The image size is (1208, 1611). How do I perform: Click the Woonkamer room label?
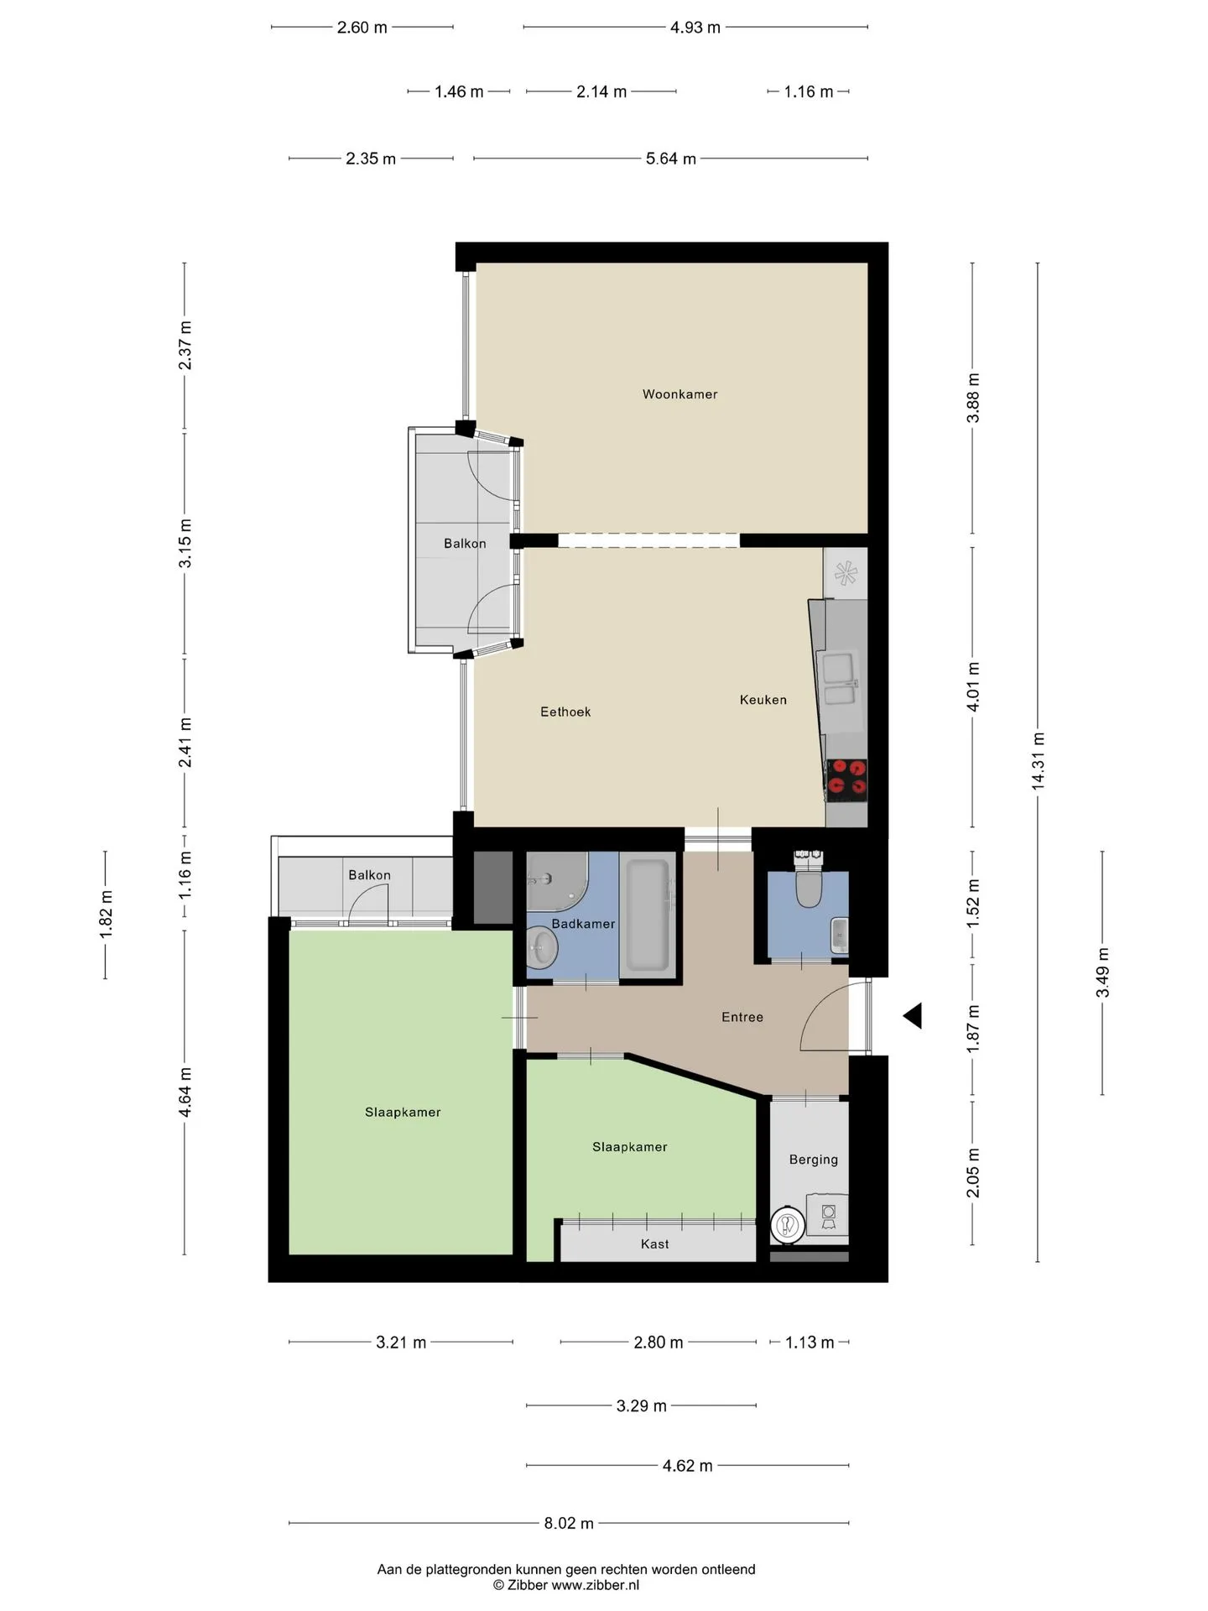point(679,394)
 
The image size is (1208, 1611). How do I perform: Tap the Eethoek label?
point(565,712)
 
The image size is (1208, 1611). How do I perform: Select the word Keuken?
point(763,700)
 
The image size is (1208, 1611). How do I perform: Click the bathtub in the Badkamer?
point(648,915)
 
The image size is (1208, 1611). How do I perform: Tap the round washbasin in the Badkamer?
point(541,948)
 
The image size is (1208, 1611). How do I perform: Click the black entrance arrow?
point(913,1016)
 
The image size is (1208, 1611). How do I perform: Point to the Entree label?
point(742,1017)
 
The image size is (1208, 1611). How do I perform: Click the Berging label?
point(814,1160)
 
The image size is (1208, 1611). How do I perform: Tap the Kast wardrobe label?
point(655,1244)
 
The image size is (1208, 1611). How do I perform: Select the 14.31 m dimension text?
point(1038,761)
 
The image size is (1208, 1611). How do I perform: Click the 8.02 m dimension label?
point(569,1523)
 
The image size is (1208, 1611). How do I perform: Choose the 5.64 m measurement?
point(671,159)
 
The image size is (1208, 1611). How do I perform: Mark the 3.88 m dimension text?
point(973,398)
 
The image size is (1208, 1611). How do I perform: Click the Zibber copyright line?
point(566,1585)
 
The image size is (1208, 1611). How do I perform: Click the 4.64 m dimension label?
point(185,1092)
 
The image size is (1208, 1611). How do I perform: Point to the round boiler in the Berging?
point(788,1226)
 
